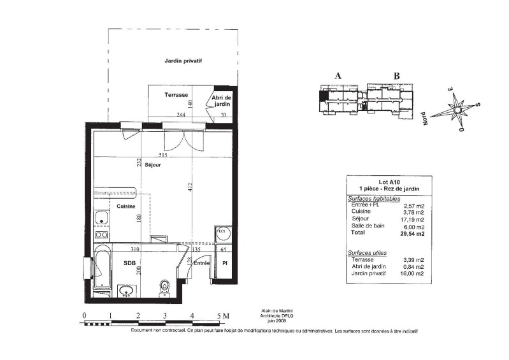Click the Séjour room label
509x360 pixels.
[x=152, y=165]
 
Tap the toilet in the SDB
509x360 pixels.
[x=164, y=288]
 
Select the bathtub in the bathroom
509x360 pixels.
[x=103, y=267]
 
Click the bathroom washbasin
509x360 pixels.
[x=126, y=290]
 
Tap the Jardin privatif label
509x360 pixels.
[x=183, y=61]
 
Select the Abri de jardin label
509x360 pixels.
[x=222, y=101]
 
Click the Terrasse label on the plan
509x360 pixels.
[x=176, y=95]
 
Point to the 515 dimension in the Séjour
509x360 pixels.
[x=162, y=155]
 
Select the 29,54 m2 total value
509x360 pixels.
[x=412, y=233]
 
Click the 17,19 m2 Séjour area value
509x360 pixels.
[x=412, y=219]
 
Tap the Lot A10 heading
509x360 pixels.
[x=389, y=182]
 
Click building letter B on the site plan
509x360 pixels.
[x=396, y=76]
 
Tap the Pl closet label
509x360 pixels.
[x=224, y=264]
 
